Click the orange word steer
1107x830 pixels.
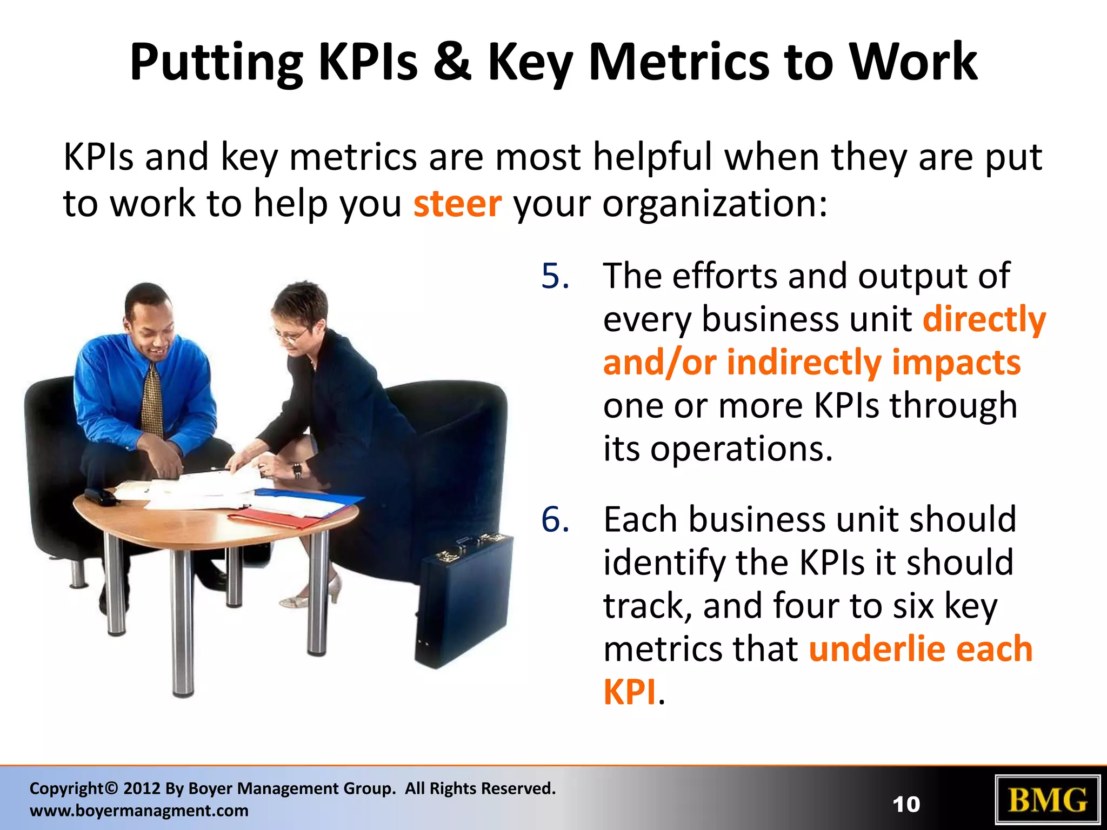457,204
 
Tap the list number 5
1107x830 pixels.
555,276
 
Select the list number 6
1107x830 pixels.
555,520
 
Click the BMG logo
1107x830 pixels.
1048,801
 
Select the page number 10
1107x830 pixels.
906,805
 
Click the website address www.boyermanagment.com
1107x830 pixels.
139,811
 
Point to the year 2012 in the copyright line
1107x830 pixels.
141,788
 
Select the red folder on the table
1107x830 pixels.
276,519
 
